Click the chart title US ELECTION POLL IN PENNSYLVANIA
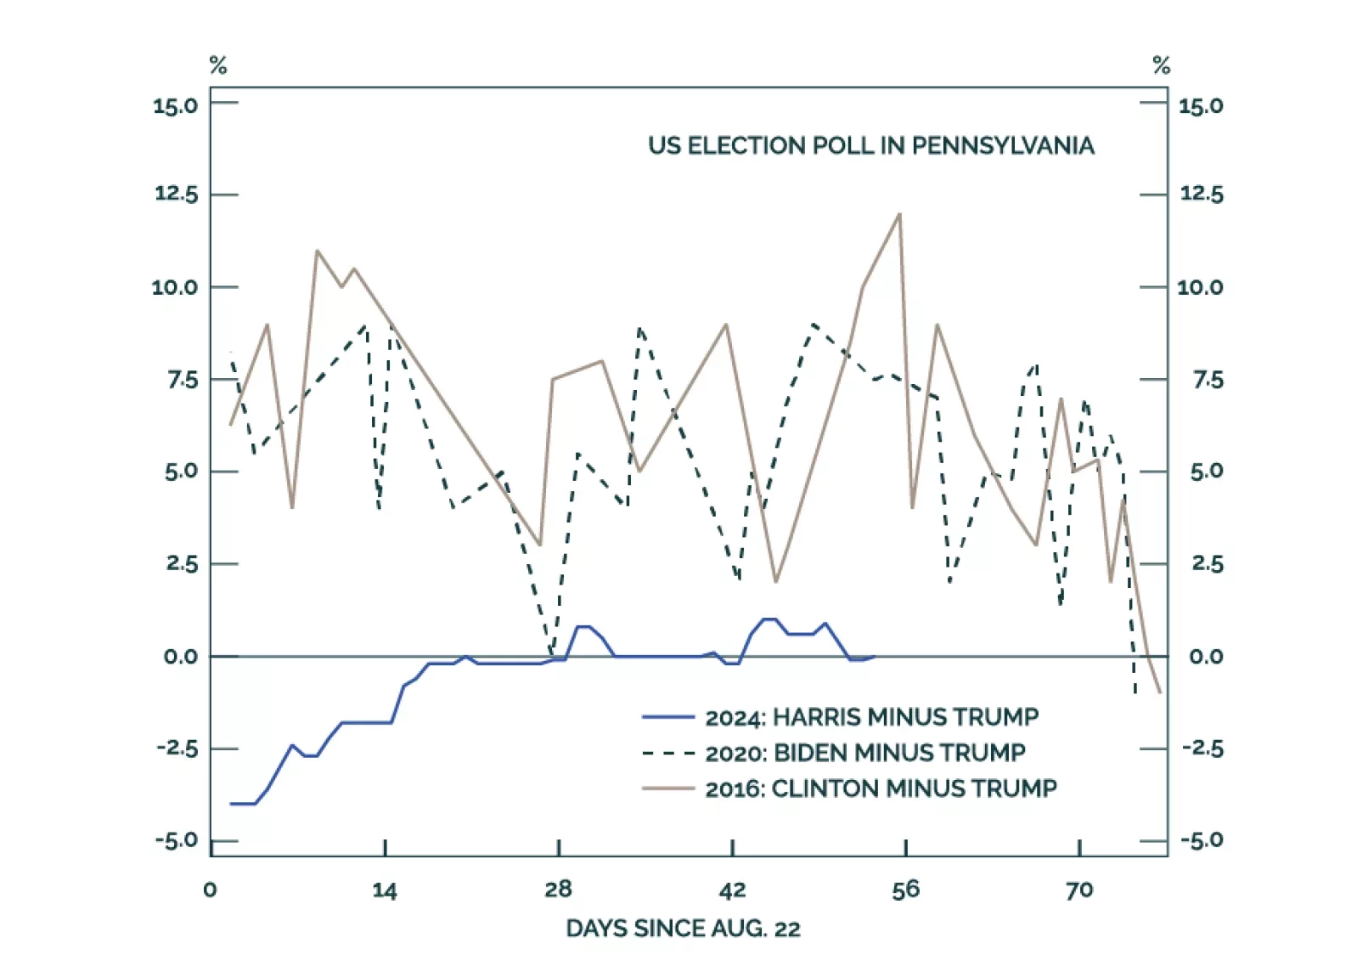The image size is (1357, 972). pos(870,146)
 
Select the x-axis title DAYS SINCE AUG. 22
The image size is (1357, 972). pos(683,929)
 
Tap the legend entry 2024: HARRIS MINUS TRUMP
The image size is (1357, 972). pos(871,717)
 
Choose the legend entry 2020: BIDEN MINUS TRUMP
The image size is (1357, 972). pos(864,753)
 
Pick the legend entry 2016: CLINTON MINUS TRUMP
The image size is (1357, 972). pos(881,788)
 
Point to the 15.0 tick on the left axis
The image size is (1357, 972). pos(175,106)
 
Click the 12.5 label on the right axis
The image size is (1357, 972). pos(1201,195)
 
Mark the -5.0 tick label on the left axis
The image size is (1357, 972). pos(176,841)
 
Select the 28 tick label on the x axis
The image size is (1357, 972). pos(558,890)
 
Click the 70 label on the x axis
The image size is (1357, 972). pos(1079,890)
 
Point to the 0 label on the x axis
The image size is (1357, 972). pos(211,890)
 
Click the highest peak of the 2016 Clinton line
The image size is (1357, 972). pos(899,214)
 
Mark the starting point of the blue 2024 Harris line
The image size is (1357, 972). pos(231,804)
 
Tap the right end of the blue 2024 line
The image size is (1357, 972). pos(875,656)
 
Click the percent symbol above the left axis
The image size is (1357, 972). pos(218,65)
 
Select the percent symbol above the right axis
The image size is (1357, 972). pos(1161,65)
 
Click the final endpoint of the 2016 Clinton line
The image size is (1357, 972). pos(1160,692)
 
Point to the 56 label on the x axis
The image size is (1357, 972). pos(905,890)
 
